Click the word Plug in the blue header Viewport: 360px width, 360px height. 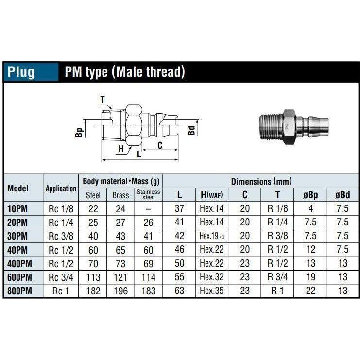(x=21, y=72)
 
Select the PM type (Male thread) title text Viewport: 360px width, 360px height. (x=125, y=72)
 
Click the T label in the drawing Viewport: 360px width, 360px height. (x=103, y=100)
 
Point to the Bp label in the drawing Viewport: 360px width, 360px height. (x=80, y=131)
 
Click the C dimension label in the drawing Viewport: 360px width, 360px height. (x=159, y=144)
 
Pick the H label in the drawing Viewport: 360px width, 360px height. (x=121, y=149)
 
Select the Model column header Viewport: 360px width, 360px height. (x=18, y=188)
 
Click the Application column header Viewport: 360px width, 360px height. (x=61, y=189)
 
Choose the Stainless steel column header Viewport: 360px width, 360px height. (x=148, y=195)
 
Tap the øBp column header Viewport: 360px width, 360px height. (x=310, y=195)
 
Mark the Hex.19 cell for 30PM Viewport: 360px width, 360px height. (x=211, y=236)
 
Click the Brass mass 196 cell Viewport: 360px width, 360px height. (x=120, y=291)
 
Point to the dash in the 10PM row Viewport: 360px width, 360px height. (x=148, y=209)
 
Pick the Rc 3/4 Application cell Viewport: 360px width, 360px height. (x=61, y=277)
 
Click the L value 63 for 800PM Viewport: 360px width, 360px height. (x=179, y=291)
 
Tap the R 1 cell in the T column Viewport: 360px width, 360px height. (x=277, y=291)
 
